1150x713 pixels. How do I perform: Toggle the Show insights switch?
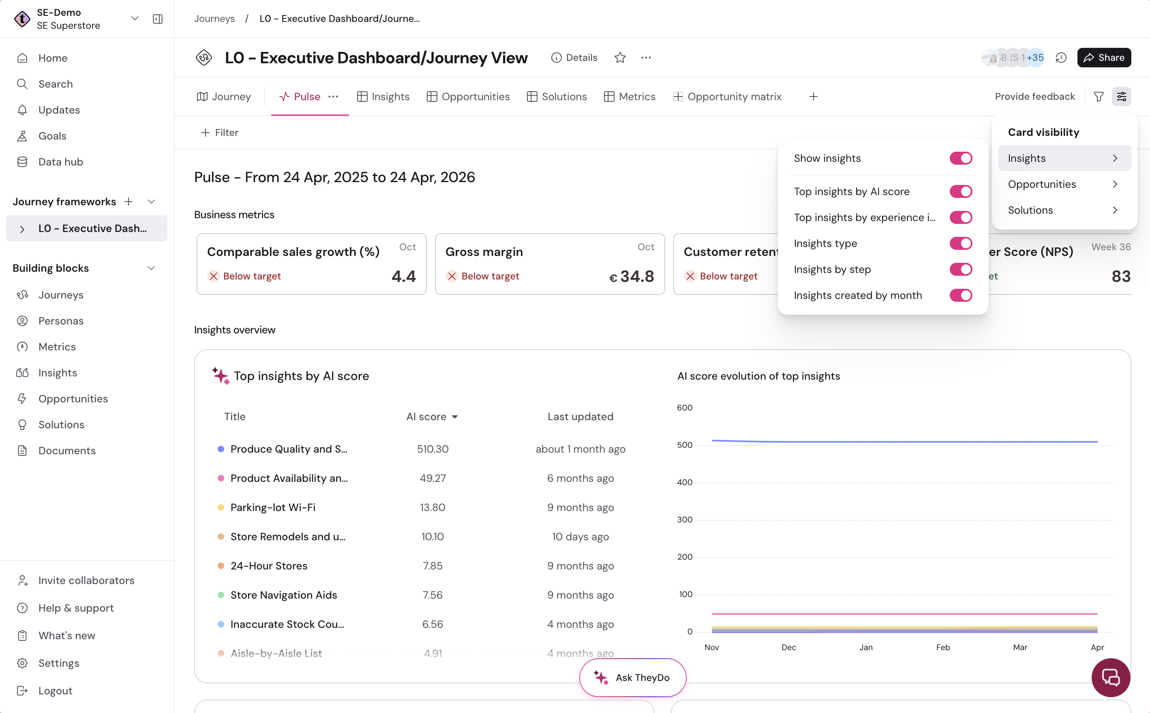coord(961,159)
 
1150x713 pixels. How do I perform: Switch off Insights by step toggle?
coord(961,269)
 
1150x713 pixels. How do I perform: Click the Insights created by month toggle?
coord(961,295)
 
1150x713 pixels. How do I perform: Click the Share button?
coord(1104,58)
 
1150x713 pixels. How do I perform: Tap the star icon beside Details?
coord(620,58)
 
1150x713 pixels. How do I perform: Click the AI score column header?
coord(432,417)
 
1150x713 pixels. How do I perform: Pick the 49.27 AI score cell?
coord(433,478)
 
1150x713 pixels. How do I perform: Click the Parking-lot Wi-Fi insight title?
coord(273,507)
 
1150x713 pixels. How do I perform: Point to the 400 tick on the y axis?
coord(685,482)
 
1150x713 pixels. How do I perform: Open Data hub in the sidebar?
coord(61,162)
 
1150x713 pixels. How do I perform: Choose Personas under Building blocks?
coord(61,321)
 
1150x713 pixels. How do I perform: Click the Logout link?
coord(55,691)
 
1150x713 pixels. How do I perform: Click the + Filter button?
coord(220,133)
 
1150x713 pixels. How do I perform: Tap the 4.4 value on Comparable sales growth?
coord(403,276)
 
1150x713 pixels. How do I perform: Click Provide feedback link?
coord(1035,97)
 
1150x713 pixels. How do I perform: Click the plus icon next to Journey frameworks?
coord(128,202)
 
